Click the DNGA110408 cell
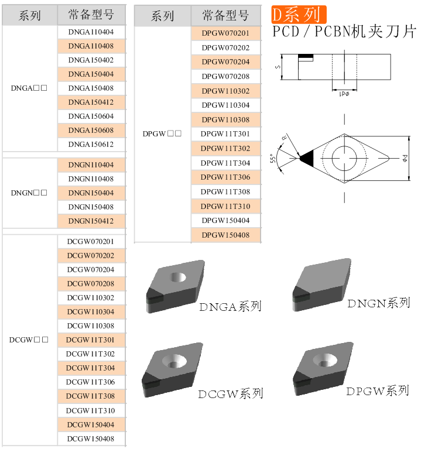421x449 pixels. point(91,46)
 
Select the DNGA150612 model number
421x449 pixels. point(91,145)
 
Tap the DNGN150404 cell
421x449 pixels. point(91,193)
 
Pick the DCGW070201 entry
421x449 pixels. point(91,242)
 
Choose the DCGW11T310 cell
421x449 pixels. point(91,410)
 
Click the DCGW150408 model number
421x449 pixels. point(91,438)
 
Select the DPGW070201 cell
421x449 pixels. point(225,33)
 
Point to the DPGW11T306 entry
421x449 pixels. point(225,177)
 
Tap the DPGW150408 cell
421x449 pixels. point(225,235)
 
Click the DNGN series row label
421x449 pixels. point(29,193)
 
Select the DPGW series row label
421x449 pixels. point(162,133)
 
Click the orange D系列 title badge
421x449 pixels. point(299,15)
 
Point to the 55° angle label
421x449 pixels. point(273,159)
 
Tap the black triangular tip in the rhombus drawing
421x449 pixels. point(308,159)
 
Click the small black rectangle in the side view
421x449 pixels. point(306,56)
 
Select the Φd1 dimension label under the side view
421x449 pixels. point(344,94)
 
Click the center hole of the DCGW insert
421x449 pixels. point(174,361)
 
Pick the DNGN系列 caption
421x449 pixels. point(379,303)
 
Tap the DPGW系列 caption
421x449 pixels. point(378,391)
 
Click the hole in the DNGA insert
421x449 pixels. point(178,277)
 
